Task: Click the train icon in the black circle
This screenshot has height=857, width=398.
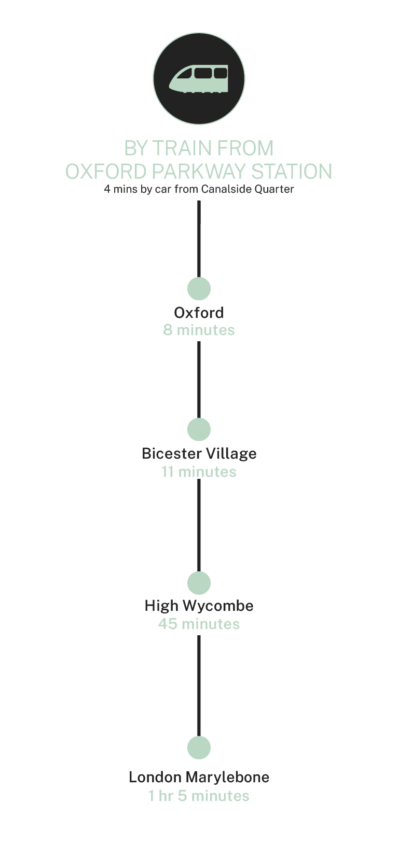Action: (x=199, y=79)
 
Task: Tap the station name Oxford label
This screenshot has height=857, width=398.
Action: (x=199, y=313)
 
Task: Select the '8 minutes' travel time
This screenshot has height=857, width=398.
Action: (x=199, y=330)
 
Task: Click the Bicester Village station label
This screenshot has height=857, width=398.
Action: (x=199, y=453)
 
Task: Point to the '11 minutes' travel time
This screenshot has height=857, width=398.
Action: (x=199, y=472)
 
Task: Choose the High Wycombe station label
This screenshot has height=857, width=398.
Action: (x=199, y=606)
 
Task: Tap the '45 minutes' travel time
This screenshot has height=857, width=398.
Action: (x=199, y=624)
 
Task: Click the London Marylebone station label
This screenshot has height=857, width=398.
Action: (x=199, y=777)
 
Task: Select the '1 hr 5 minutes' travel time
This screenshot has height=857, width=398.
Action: (x=199, y=796)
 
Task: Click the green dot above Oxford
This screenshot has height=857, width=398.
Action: (x=199, y=288)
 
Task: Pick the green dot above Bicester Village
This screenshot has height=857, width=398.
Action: (x=199, y=429)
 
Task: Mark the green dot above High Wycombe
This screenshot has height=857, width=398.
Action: (x=199, y=583)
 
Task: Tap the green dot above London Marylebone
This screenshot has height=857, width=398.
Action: (x=199, y=748)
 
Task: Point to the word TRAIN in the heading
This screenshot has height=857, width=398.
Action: (x=181, y=149)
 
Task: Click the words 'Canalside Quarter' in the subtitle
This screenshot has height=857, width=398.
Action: (x=248, y=189)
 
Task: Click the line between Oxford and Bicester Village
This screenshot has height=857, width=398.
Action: (x=199, y=379)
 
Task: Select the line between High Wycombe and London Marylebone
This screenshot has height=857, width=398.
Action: (x=199, y=686)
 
